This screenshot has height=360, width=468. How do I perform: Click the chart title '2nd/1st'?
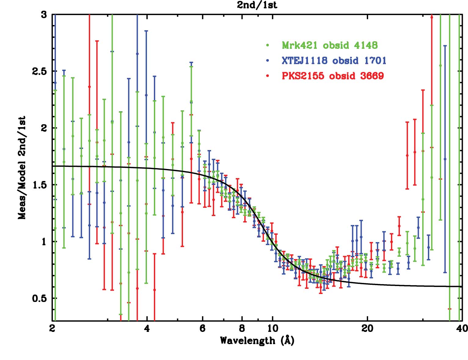point(257,5)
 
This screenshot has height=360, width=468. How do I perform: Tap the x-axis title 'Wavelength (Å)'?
point(257,340)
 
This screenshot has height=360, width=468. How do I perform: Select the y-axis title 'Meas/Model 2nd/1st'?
point(22,168)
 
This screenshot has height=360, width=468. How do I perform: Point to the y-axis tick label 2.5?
point(39,71)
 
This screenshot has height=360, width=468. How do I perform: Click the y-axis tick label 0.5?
point(39,298)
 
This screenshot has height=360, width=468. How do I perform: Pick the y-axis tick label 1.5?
point(39,185)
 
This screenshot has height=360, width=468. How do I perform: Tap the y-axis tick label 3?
point(44,15)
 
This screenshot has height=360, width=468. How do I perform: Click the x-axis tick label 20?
point(367,329)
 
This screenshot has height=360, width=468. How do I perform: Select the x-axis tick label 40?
point(462,329)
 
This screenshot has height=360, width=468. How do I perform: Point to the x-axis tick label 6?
point(202,329)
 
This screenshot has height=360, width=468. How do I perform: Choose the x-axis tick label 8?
point(242,329)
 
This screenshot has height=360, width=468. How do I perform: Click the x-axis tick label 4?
point(147,329)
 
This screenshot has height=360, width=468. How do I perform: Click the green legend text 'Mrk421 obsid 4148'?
point(330,45)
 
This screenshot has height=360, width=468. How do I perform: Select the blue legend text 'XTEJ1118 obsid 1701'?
point(334,61)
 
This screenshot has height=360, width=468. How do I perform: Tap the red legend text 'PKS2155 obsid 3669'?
point(333,76)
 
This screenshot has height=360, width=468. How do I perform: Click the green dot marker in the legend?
point(268,46)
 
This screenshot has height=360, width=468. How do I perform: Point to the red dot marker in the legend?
point(268,76)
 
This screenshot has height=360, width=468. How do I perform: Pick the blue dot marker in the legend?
point(268,61)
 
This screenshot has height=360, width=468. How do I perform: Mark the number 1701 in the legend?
point(375,61)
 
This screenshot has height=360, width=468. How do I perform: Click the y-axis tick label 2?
point(44,128)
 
